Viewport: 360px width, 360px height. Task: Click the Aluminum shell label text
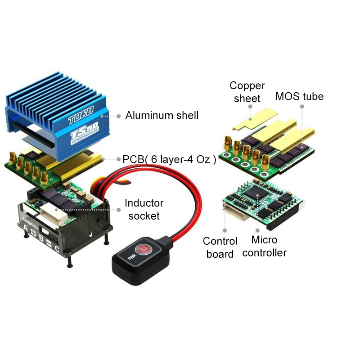(162, 116)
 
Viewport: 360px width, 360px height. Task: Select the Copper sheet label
(247, 92)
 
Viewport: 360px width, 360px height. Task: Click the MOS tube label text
(299, 96)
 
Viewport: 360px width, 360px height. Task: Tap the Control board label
(220, 247)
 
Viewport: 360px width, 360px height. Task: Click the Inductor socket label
(144, 210)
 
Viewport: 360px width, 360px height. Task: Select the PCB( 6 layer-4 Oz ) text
(170, 159)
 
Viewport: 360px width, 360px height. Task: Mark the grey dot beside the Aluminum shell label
(118, 116)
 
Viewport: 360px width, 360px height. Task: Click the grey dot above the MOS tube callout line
(302, 107)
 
